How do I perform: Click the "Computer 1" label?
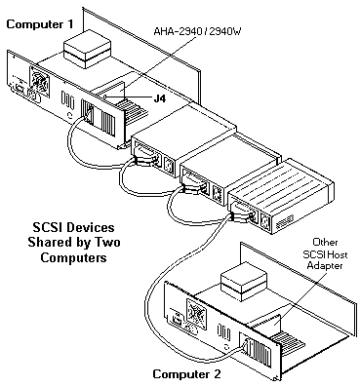point(40,24)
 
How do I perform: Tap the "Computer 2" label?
point(187,373)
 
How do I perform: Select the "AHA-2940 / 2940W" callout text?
point(197,32)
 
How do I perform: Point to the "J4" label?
point(159,98)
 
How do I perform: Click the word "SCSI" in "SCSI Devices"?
point(48,227)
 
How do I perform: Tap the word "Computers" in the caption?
point(74,257)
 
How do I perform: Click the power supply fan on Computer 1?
point(40,80)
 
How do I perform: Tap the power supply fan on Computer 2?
point(196,312)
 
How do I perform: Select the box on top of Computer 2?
point(244,287)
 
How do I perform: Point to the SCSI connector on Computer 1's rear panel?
point(88,112)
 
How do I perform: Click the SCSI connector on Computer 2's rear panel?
point(246,349)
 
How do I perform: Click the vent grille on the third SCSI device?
point(285,221)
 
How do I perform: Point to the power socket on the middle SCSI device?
point(217,193)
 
